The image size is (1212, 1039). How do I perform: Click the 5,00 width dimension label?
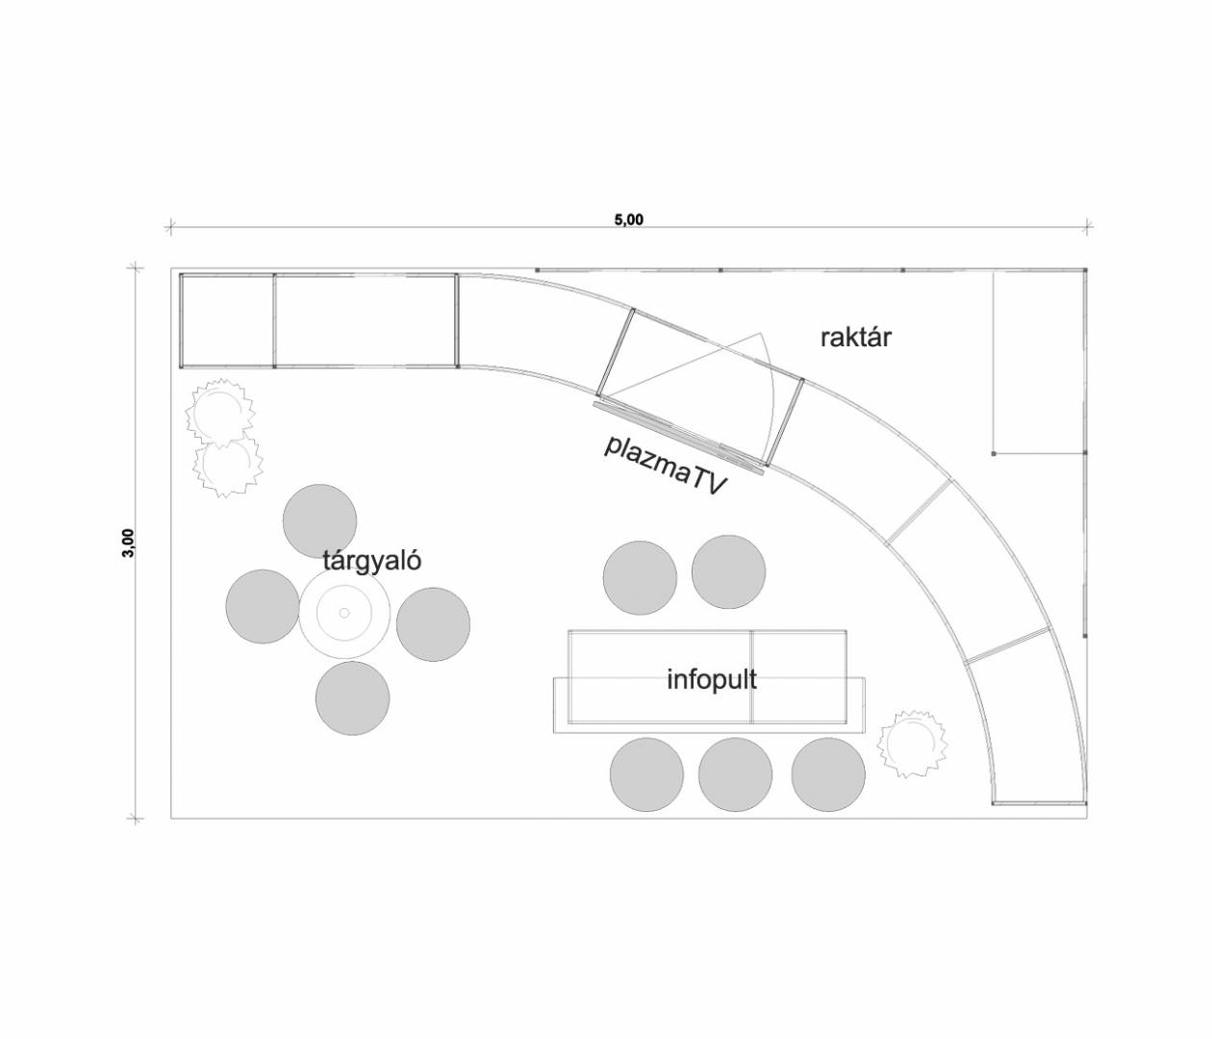tap(628, 219)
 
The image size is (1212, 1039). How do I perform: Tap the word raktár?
tap(856, 338)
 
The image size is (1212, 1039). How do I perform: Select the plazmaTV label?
tap(665, 464)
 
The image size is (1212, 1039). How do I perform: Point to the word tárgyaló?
tap(371, 560)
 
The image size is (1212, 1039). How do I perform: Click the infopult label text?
tap(712, 679)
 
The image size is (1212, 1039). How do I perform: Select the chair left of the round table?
tap(263, 606)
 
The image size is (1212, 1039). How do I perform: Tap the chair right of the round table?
tap(433, 622)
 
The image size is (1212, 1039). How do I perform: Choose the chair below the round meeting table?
tap(352, 697)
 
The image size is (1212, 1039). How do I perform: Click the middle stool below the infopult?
tap(735, 774)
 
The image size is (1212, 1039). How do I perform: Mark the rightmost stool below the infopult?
tap(828, 774)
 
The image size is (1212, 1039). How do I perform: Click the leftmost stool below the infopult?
tap(646, 774)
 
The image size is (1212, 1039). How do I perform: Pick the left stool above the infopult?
tap(640, 577)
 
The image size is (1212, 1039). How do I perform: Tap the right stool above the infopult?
tap(728, 572)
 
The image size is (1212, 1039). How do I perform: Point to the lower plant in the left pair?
tap(228, 467)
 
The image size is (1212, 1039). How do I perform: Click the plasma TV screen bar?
tap(678, 439)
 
